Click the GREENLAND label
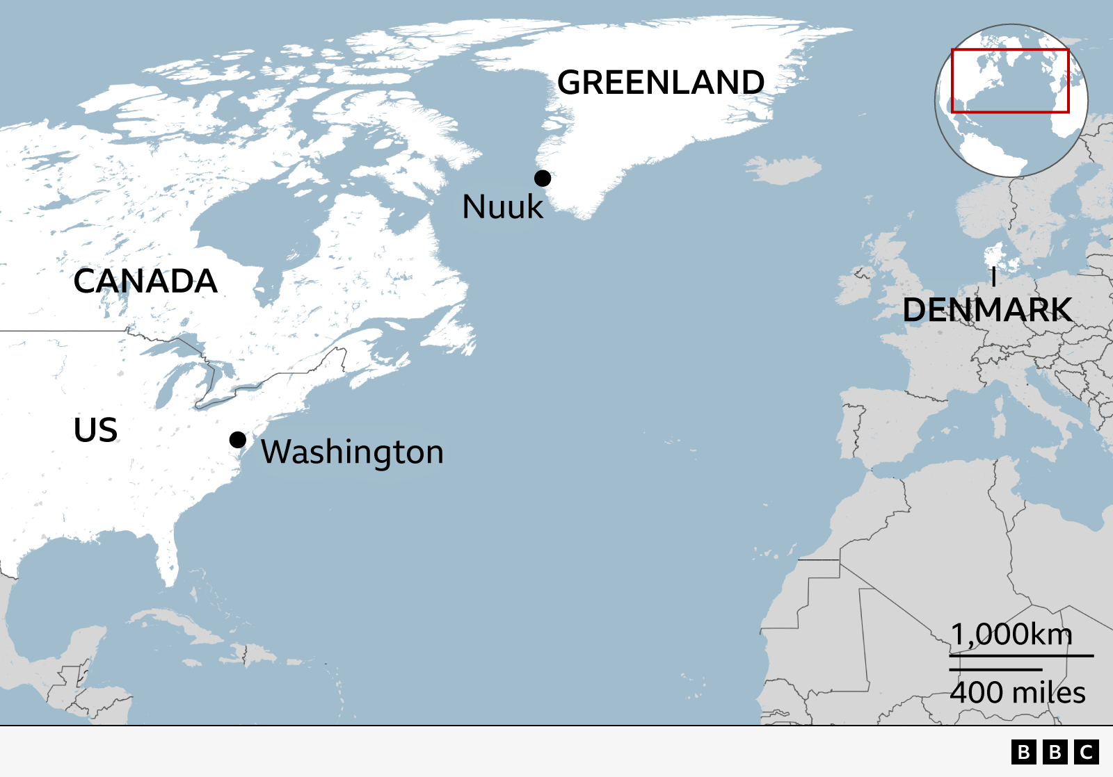(661, 83)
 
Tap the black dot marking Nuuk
(543, 179)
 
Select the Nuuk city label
(502, 207)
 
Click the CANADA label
(145, 281)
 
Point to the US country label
(95, 430)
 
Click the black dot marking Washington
(238, 440)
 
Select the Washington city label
(352, 452)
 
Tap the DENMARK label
(986, 310)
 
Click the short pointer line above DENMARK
(994, 277)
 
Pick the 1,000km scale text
(1011, 635)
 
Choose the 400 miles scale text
(1017, 693)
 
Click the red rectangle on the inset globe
(1010, 50)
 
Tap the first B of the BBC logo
(1023, 752)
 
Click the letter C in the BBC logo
(1087, 752)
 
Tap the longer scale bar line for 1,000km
(1021, 655)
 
